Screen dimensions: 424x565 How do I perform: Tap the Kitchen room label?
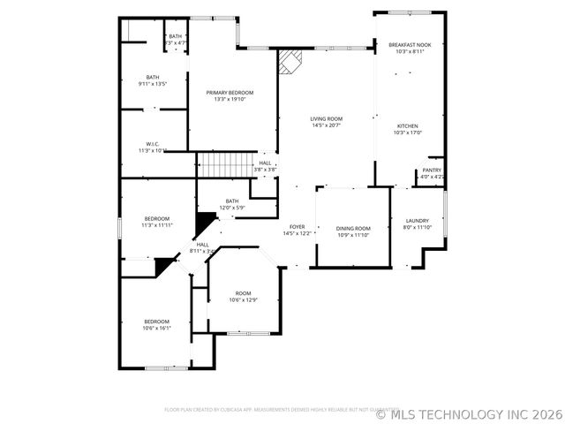407,125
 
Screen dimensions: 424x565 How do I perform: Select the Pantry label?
432,170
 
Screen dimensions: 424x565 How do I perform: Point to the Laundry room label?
418,220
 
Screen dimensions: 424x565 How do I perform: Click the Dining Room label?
352,228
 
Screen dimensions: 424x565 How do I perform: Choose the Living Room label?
326,118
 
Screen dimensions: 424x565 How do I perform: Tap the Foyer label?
298,226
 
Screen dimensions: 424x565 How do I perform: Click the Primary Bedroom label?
230,93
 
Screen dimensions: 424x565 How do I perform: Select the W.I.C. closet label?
152,144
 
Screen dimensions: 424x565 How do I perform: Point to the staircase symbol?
224,164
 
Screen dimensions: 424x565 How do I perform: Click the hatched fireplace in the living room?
290,62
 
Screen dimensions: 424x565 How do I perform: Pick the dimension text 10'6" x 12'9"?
243,300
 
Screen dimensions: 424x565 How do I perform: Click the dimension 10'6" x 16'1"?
156,328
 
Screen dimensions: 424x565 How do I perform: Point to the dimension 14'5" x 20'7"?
326,125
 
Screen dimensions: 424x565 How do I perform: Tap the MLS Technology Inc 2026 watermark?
469,413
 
